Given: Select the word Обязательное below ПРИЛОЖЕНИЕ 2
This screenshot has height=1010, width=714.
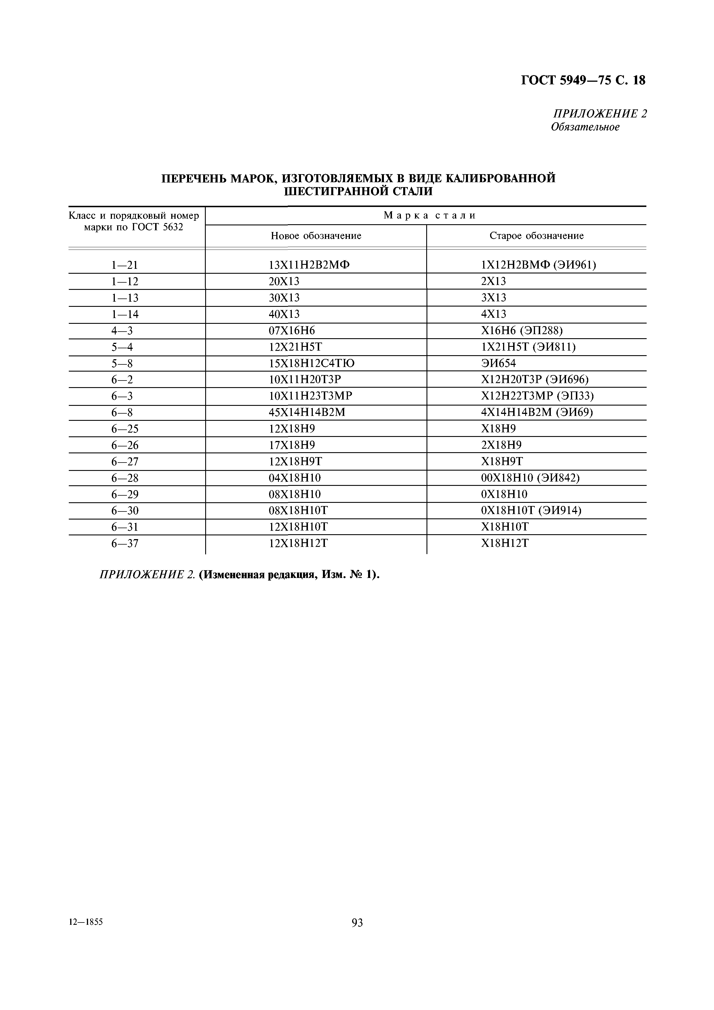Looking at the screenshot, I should tap(585, 127).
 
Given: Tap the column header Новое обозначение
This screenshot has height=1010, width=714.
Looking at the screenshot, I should tap(316, 236).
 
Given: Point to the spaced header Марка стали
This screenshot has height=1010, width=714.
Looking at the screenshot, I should tap(429, 216).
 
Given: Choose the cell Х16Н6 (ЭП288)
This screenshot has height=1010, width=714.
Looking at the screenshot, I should tap(522, 330).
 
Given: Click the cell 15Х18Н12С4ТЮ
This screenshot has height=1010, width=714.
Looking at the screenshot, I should tap(311, 363).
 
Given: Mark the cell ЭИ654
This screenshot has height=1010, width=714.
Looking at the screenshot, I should tap(498, 363).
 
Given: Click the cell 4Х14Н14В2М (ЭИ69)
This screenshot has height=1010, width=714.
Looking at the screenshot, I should tap(537, 413).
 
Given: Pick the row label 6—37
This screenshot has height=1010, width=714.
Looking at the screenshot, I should tap(125, 544).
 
